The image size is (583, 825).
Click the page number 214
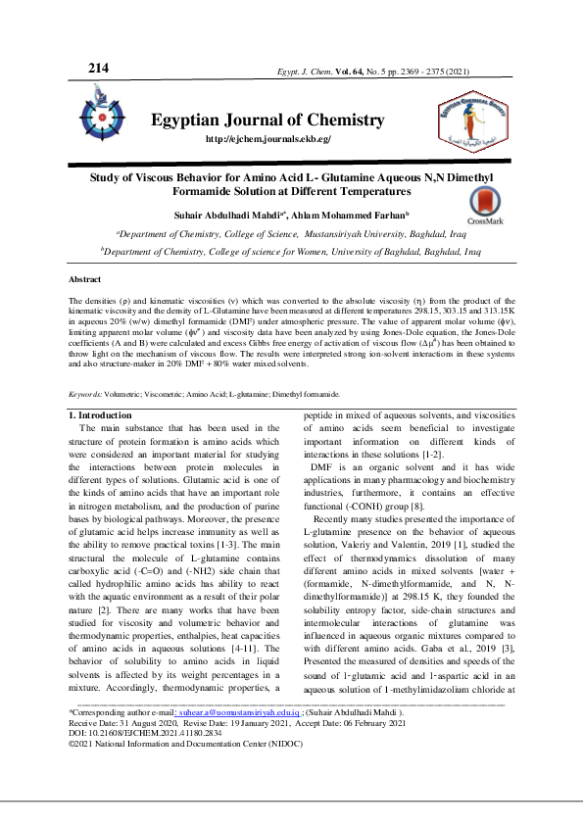tap(98, 68)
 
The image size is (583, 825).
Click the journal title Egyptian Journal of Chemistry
tap(267, 121)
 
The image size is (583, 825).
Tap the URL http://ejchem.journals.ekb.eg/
tap(267, 141)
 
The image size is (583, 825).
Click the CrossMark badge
tap(484, 207)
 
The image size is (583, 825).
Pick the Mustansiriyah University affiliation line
tap(291, 235)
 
